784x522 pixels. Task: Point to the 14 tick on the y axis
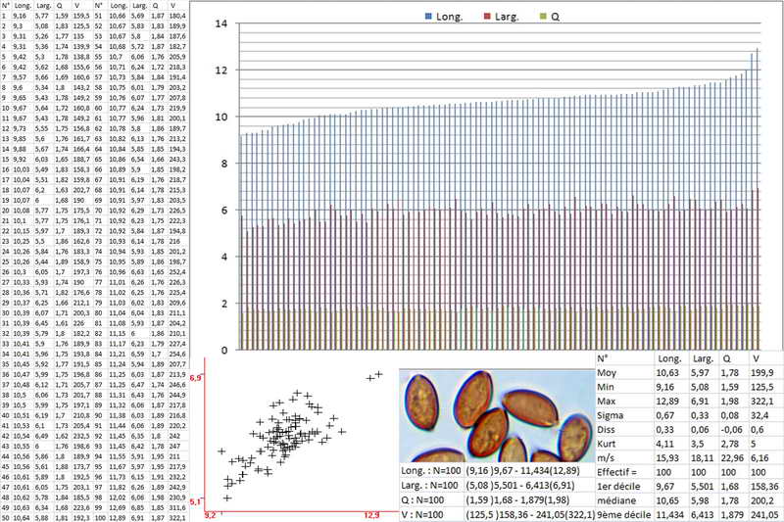(221, 24)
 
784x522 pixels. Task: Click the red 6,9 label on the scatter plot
(195, 377)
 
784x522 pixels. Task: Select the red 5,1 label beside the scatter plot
(195, 501)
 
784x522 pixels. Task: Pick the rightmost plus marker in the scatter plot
(378, 373)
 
